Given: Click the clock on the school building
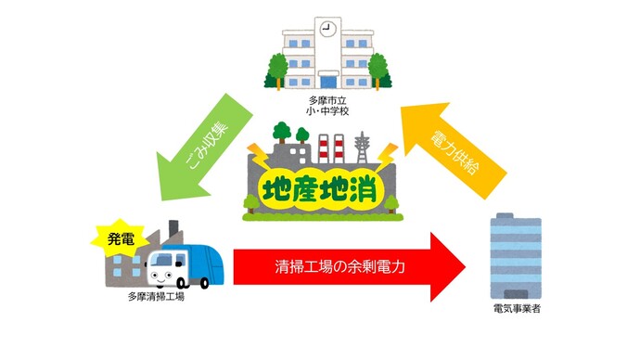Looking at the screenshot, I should [326, 29].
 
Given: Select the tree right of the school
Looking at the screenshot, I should [378, 69].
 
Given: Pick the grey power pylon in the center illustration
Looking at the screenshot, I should [361, 147].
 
